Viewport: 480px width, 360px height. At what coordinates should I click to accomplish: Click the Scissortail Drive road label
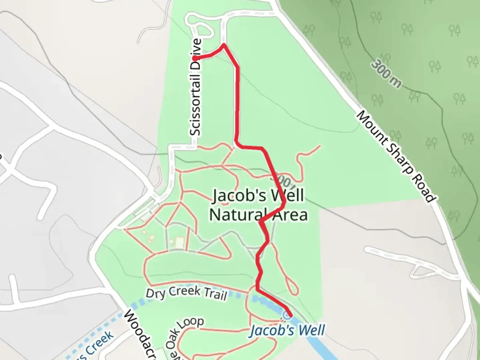(196, 87)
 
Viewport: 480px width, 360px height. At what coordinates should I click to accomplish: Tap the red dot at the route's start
(194, 58)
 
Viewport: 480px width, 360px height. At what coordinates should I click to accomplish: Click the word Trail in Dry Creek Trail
(215, 294)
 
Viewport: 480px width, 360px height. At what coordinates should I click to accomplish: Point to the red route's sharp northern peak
(224, 44)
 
